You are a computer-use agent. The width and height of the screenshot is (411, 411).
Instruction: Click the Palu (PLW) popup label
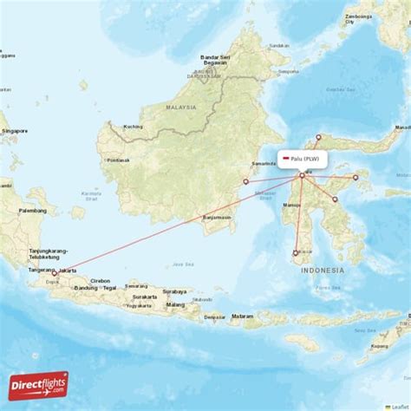306,159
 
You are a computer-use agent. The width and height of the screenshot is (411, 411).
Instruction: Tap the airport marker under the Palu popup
302,176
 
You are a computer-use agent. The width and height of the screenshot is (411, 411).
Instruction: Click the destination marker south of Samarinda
246,181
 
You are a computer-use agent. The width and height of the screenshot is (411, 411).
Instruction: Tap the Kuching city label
133,127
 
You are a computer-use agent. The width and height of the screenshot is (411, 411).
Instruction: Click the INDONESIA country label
323,271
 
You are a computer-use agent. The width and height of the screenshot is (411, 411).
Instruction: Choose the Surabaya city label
174,292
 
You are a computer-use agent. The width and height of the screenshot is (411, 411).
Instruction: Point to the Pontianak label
118,160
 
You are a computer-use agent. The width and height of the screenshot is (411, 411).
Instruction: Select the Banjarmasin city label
217,218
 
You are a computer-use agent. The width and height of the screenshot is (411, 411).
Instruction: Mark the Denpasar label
214,317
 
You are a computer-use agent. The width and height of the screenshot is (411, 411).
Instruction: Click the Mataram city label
242,316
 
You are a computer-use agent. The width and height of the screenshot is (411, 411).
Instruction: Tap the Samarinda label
264,164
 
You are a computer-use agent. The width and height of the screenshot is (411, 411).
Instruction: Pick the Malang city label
176,305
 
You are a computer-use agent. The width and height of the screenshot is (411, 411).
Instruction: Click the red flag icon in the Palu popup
287,159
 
